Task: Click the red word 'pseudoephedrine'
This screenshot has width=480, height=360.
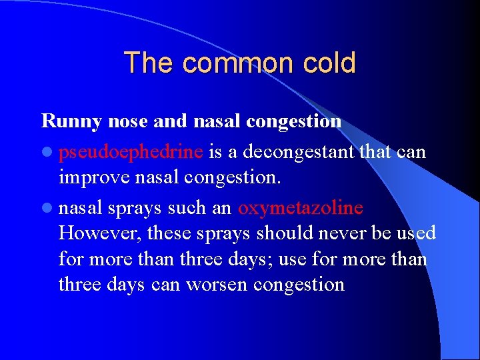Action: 131,153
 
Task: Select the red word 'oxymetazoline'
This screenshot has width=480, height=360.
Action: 301,208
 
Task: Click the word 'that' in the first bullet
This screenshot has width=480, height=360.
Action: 376,153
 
